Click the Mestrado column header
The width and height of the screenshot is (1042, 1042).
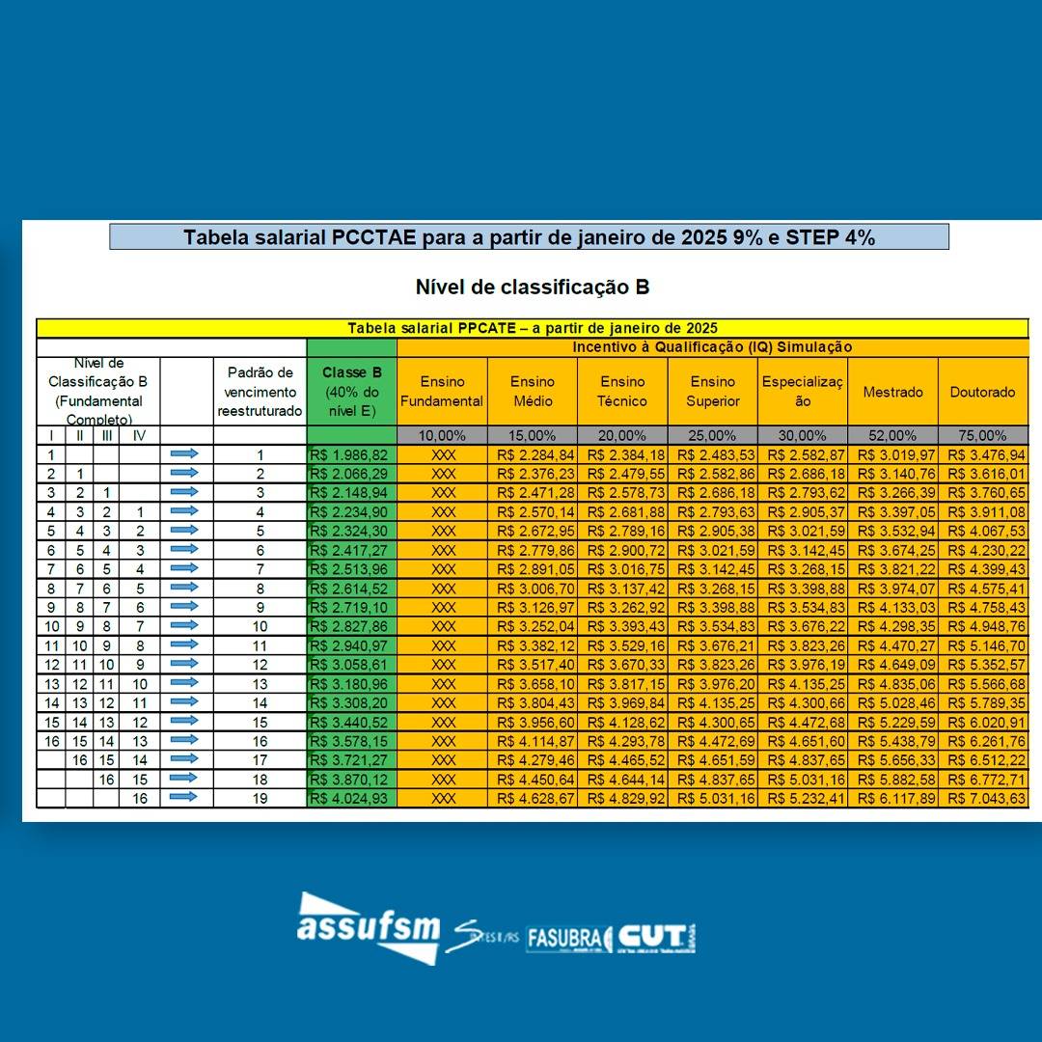[x=892, y=392]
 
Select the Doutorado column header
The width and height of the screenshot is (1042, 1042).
[x=982, y=392]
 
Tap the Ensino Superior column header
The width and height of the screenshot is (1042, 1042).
[x=713, y=392]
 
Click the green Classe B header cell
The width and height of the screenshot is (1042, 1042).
[x=351, y=392]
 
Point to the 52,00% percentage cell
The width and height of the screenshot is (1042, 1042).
[x=892, y=436]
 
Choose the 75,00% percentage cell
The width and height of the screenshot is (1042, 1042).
[x=982, y=436]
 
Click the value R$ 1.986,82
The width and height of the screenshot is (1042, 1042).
[x=351, y=454]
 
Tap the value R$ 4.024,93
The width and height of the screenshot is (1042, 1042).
[x=351, y=799]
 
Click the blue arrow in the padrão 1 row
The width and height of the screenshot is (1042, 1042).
[x=184, y=454]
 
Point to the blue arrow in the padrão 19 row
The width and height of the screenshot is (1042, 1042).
[x=184, y=798]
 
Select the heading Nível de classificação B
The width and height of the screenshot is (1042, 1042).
[x=532, y=288]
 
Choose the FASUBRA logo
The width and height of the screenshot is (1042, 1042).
[x=568, y=939]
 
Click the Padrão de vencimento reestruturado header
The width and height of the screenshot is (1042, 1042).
[x=260, y=392]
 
